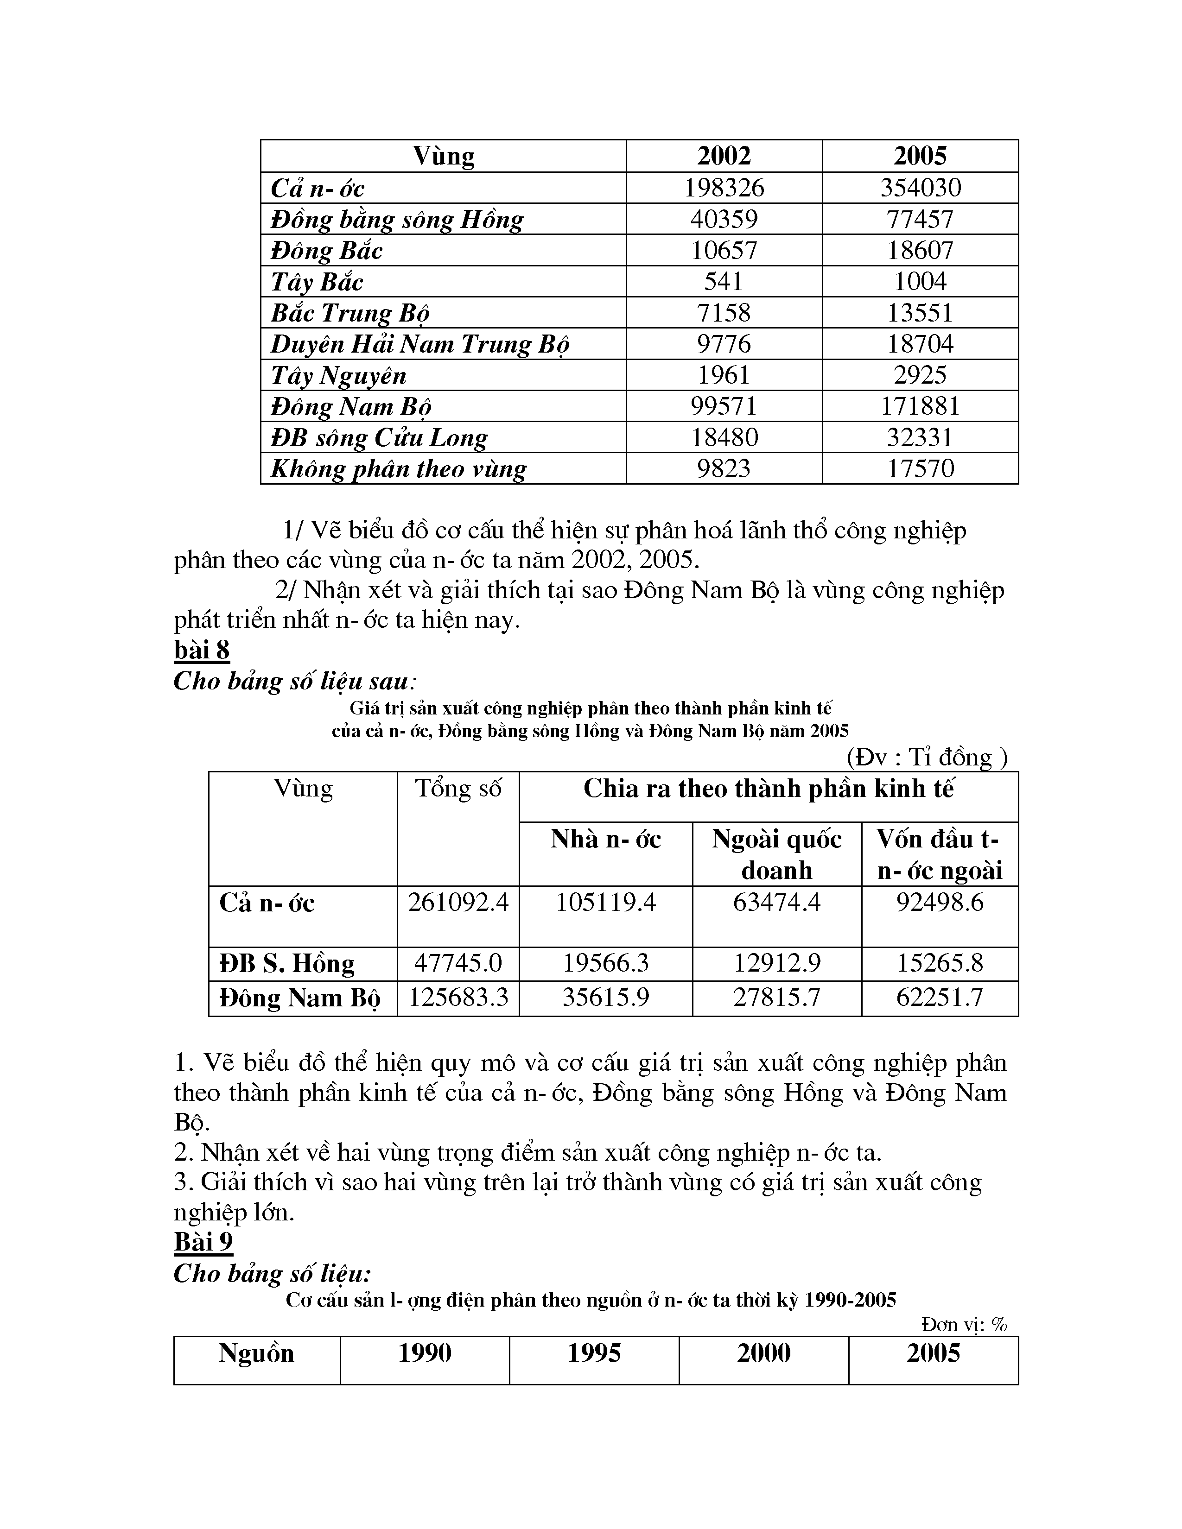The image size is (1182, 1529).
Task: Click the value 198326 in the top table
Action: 724,188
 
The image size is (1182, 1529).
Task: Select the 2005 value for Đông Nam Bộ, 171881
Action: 920,406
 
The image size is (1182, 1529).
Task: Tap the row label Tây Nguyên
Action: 338,375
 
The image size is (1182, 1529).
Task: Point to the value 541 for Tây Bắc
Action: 724,281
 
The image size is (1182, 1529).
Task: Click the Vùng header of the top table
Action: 443,155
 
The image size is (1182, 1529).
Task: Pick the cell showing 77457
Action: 920,219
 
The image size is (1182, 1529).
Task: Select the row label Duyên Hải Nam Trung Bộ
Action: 419,344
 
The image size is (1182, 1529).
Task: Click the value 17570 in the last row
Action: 920,468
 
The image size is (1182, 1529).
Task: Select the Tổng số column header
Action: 458,788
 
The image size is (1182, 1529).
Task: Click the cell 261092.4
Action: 458,903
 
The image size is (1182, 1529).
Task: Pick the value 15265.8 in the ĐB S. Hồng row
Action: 940,963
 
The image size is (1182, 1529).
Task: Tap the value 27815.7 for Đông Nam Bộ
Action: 776,997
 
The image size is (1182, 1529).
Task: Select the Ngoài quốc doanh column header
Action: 776,854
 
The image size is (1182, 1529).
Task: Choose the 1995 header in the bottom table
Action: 594,1353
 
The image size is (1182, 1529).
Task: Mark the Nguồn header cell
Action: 256,1353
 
